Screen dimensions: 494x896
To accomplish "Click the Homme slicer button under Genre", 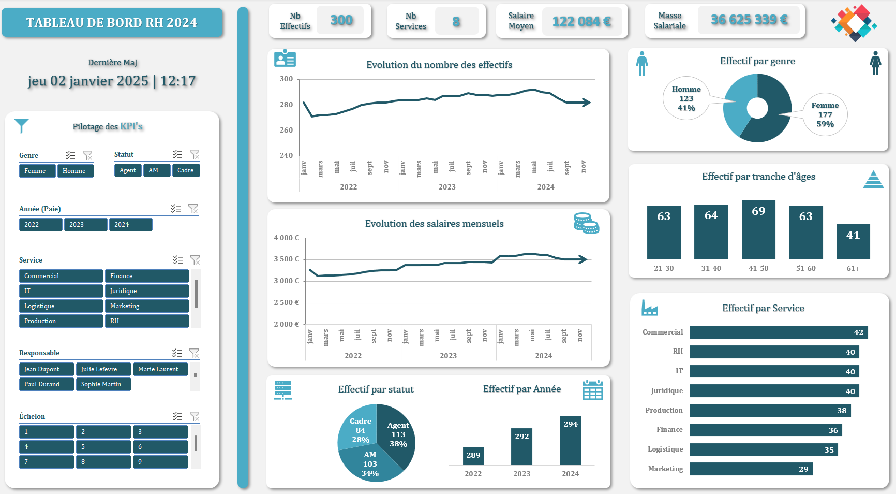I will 75,171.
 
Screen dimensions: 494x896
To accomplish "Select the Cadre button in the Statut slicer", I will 186,170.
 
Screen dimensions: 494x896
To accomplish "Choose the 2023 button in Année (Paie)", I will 85,225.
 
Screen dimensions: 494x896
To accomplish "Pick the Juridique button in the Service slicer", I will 147,291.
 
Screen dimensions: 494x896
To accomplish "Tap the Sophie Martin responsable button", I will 103,384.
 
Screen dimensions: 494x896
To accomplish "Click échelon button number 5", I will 103,447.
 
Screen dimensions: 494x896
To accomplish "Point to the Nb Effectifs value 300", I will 341,21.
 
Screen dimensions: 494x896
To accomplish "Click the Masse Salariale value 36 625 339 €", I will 749,20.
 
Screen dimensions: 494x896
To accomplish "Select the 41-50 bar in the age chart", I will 758,229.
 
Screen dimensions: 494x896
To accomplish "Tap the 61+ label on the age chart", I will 853,268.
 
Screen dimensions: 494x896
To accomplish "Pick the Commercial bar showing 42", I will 779,332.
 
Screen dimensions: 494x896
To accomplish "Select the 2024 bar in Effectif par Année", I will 570,440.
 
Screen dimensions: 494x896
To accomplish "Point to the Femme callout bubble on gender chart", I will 825,115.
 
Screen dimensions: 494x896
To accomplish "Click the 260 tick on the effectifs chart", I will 286,130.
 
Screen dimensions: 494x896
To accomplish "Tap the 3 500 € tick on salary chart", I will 286,259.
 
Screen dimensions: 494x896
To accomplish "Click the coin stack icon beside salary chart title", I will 586,223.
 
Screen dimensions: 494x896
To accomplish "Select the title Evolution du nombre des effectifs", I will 439,65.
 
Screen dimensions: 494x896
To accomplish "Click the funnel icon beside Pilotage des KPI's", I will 22,125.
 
